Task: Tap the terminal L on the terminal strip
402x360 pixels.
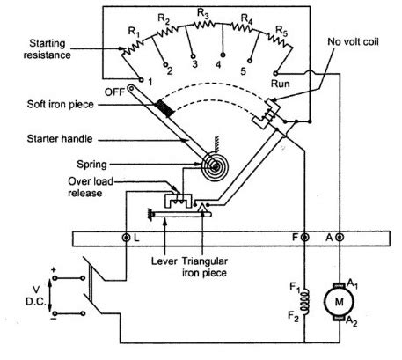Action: click(126, 238)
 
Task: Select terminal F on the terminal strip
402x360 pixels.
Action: click(305, 238)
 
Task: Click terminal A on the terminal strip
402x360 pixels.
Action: click(340, 238)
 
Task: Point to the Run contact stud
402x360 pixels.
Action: click(275, 73)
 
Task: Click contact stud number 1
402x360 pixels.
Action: click(141, 79)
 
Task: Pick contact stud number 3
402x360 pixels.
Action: click(194, 55)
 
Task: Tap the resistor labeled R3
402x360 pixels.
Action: click(204, 25)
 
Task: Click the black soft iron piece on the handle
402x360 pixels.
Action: click(164, 108)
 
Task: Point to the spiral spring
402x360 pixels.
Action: click(216, 166)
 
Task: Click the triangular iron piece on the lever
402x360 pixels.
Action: click(202, 208)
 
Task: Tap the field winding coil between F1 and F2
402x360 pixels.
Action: click(305, 302)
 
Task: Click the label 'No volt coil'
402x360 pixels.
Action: click(353, 42)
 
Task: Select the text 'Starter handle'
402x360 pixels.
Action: click(60, 139)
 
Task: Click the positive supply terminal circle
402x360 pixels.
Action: click(55, 278)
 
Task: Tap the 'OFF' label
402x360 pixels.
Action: click(114, 92)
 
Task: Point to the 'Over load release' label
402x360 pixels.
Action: click(91, 187)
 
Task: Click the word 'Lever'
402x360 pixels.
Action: click(164, 261)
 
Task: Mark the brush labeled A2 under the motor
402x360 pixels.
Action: click(340, 319)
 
